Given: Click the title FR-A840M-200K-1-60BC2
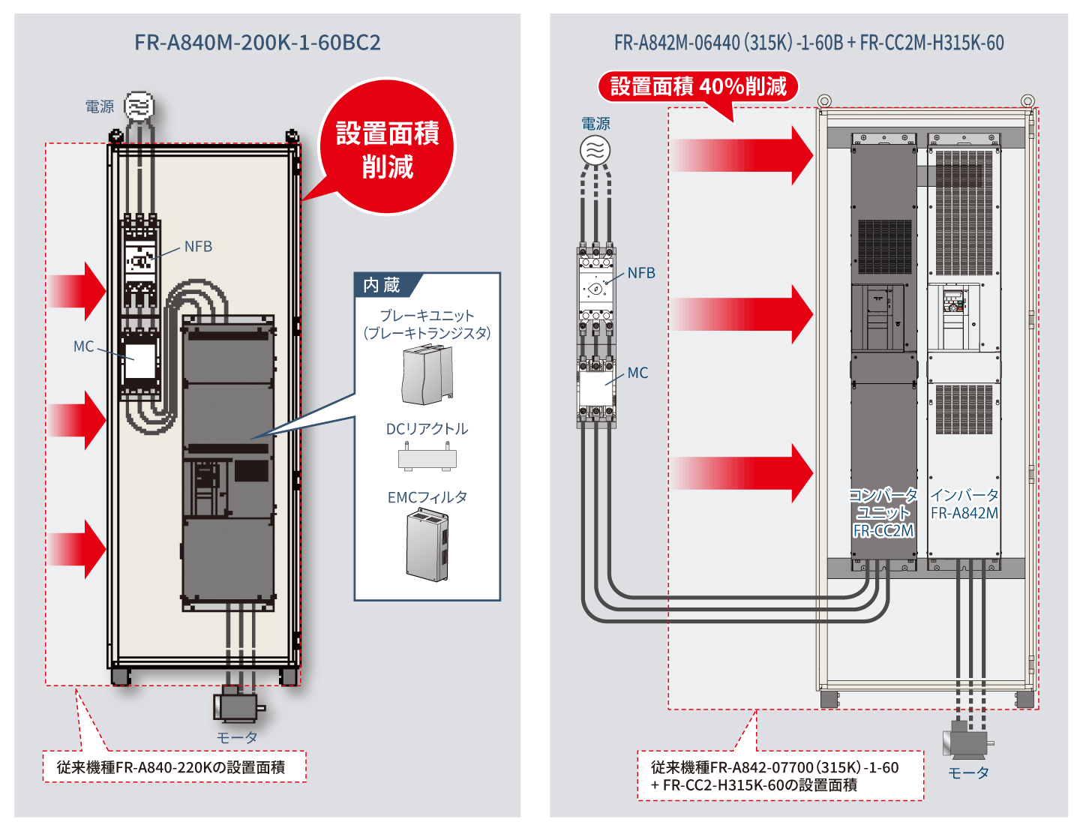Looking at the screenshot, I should tap(257, 42).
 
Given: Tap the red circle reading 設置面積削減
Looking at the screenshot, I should tap(387, 148).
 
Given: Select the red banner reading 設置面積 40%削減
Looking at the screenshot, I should tap(697, 87).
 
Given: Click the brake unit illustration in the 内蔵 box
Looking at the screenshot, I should tap(427, 375).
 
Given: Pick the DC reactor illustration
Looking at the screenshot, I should tap(427, 457).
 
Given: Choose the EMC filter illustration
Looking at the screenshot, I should tap(427, 545).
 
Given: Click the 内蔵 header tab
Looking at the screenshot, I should tap(382, 285).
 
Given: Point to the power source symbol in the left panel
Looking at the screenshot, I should tap(139, 106).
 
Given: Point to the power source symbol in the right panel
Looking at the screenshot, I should tap(595, 150).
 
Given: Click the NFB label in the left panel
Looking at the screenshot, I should tap(198, 247).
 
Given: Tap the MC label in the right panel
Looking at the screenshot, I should tap(637, 373).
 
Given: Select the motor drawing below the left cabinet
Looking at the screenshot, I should tap(238, 705).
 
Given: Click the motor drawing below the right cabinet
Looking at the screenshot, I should tap(967, 740).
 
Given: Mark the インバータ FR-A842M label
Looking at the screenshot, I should tap(964, 504).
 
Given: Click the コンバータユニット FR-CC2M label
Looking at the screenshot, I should tap(883, 513).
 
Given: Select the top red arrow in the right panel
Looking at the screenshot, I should tap(742, 155).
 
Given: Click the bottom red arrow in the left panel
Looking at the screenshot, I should tap(77, 549).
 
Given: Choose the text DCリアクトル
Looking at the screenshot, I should tap(427, 429).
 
